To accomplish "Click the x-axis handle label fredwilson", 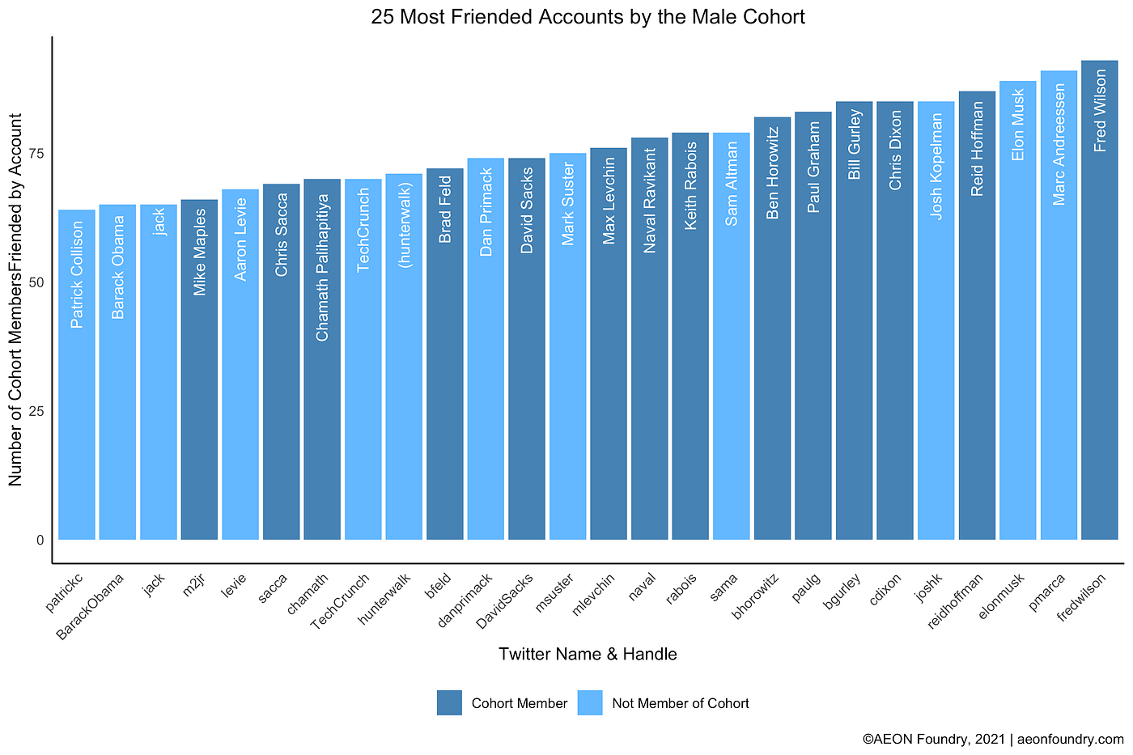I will coord(1082,597).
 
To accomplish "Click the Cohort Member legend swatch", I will coord(449,703).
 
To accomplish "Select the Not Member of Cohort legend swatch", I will coord(590,703).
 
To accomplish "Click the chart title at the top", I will coord(588,17).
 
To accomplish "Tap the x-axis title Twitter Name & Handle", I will coord(588,654).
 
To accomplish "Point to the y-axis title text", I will coord(15,299).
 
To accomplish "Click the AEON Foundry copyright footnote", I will coord(993,739).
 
